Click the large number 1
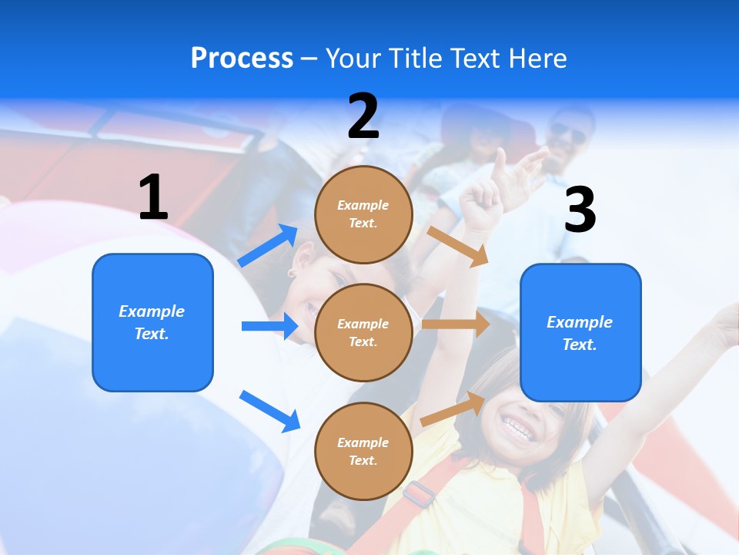tap(153, 197)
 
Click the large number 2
tap(363, 116)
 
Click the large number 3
tap(580, 209)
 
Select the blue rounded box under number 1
tap(152, 322)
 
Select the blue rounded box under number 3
tap(580, 332)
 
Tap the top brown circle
tap(363, 214)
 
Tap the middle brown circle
tap(363, 332)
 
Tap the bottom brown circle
tap(363, 451)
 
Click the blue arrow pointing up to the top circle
tap(268, 245)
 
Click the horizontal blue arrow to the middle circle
tap(269, 326)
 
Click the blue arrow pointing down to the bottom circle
tap(269, 410)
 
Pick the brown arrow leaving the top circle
tap(458, 246)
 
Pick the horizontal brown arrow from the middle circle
tap(456, 324)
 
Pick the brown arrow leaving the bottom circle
tap(453, 409)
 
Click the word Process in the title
tap(242, 59)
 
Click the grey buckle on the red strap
tap(419, 493)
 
